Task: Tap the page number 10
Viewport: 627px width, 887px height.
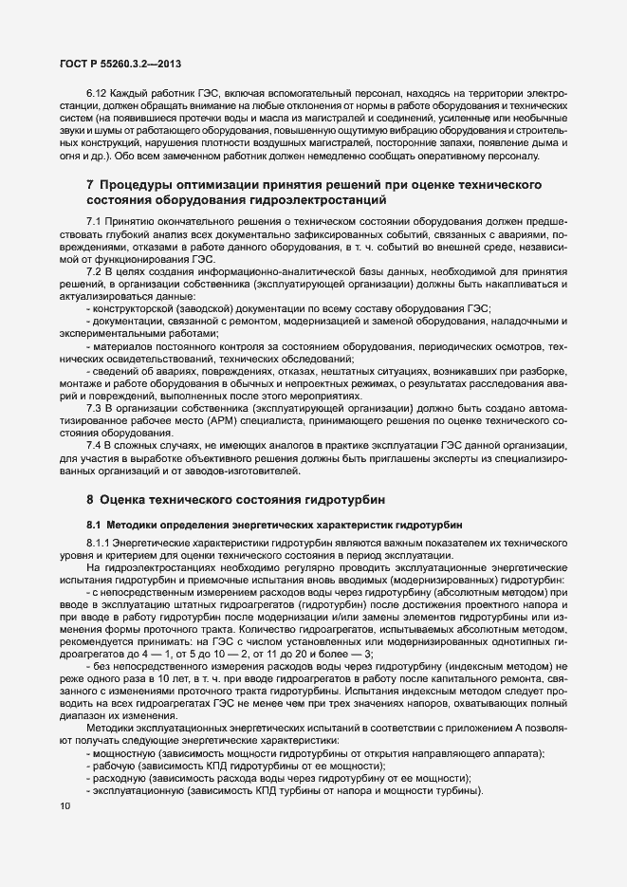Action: pyautogui.click(x=64, y=807)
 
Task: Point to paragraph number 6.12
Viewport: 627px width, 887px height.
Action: pyautogui.click(x=97, y=93)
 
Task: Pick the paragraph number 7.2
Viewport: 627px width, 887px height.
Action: pyautogui.click(x=93, y=272)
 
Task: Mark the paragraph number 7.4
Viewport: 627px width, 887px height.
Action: pyautogui.click(x=93, y=446)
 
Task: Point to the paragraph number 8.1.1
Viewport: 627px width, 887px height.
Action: pyautogui.click(x=99, y=543)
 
